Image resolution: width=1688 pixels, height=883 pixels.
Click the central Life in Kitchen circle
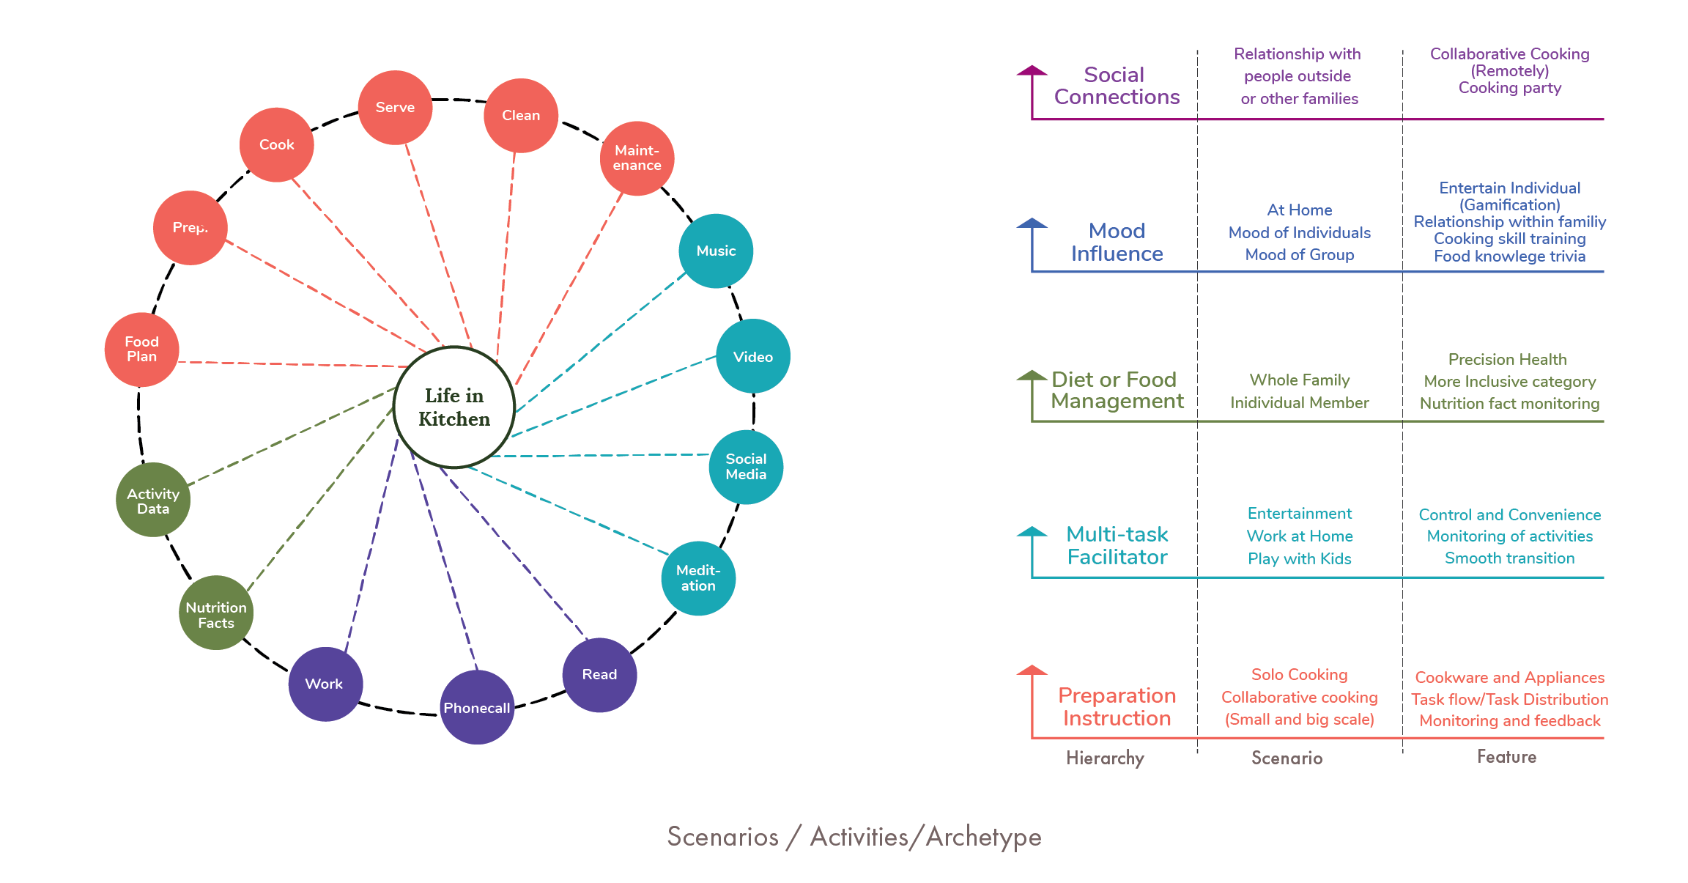pos(454,407)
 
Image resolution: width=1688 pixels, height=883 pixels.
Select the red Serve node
pos(395,108)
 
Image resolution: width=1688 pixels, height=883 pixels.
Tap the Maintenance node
pos(637,158)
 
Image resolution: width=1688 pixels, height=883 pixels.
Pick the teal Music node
pos(716,251)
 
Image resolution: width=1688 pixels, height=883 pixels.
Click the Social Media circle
pos(746,467)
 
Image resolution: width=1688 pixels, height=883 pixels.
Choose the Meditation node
pos(698,578)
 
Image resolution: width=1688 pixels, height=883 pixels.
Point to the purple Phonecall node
pos(477,707)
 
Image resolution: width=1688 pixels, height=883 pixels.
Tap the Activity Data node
pos(153,500)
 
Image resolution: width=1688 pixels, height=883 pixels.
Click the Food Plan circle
pos(141,350)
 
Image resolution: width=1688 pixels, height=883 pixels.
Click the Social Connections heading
pos(1117,86)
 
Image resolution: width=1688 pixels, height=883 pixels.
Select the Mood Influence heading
pos(1117,243)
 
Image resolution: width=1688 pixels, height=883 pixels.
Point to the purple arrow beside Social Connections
pos(1032,92)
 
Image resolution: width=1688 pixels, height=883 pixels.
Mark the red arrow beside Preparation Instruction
pos(1032,701)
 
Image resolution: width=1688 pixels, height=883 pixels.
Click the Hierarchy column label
pos(1105,758)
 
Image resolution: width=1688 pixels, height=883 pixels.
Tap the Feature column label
pos(1506,757)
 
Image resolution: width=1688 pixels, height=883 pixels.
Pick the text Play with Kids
pos(1299,559)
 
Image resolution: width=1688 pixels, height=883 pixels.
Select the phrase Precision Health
pos(1507,359)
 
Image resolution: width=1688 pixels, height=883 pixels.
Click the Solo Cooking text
pos(1299,675)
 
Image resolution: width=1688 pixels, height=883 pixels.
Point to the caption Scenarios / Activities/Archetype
pos(854,837)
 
